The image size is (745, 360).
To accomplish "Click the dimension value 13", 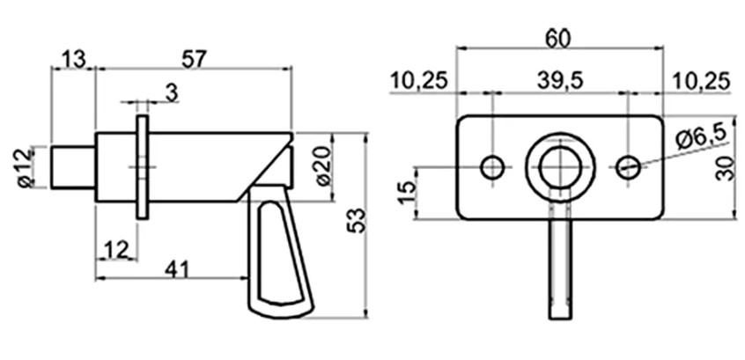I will click(x=74, y=59).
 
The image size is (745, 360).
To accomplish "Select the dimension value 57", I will click(x=194, y=59).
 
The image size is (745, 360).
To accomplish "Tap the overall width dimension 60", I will click(x=558, y=38).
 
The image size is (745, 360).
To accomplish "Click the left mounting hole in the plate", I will click(x=492, y=166).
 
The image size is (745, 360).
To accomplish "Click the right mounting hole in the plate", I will click(x=627, y=166).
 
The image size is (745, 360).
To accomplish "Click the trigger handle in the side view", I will click(x=280, y=255).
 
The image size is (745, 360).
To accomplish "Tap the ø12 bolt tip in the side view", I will click(x=72, y=166).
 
